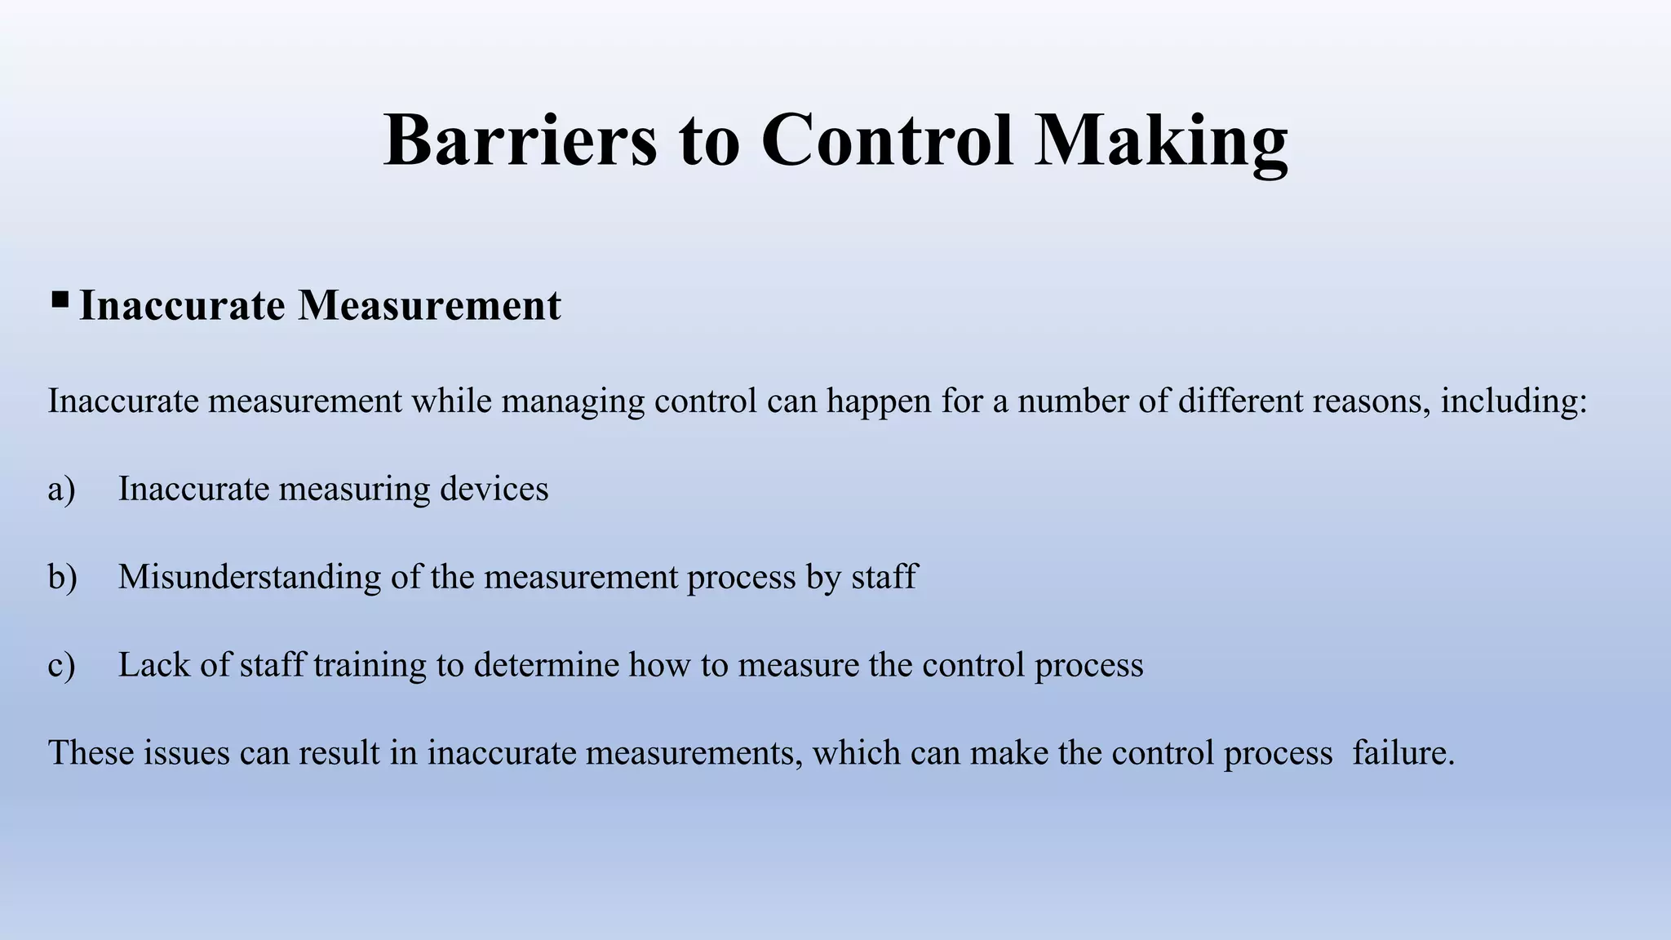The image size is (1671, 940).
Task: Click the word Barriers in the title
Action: tap(520, 140)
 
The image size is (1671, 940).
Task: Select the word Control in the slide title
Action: tap(888, 140)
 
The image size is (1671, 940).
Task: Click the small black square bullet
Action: tap(60, 301)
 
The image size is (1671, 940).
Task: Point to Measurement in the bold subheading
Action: tap(429, 306)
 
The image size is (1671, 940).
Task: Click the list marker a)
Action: tap(61, 490)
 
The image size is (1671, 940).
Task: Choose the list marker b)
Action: tap(62, 577)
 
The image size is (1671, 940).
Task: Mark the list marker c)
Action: tap(61, 666)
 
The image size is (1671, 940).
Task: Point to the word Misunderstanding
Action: tap(250, 578)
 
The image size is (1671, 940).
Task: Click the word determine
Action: tap(546, 665)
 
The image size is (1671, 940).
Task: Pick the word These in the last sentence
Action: tap(91, 752)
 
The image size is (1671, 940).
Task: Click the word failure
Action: tap(1403, 752)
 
